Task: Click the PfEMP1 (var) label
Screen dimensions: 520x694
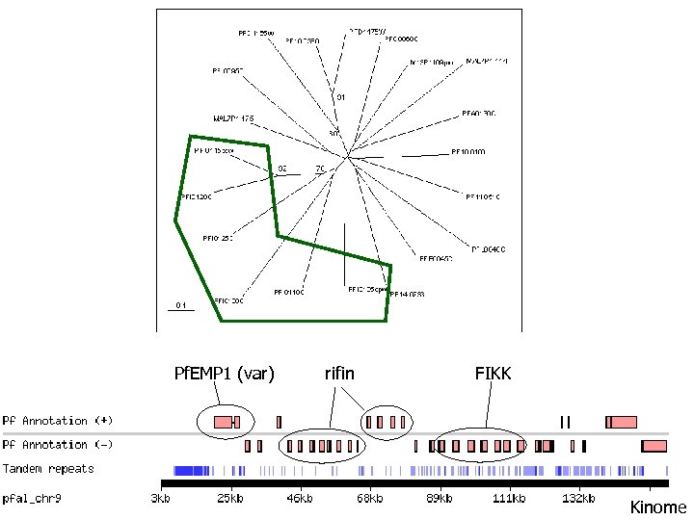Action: pyautogui.click(x=224, y=374)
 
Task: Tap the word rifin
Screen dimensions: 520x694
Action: pyautogui.click(x=339, y=374)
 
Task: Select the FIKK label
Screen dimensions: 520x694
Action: pyautogui.click(x=493, y=374)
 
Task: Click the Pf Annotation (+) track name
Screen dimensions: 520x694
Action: pyautogui.click(x=58, y=421)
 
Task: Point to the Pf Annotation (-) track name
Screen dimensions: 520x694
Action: pyautogui.click(x=58, y=445)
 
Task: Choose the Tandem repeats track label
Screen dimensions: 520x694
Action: pyautogui.click(x=48, y=469)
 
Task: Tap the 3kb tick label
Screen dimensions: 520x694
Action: pyautogui.click(x=161, y=499)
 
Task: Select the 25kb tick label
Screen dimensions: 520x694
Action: pyautogui.click(x=229, y=499)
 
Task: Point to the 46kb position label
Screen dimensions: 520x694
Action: pyautogui.click(x=299, y=499)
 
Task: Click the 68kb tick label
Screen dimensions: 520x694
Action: pyautogui.click(x=369, y=499)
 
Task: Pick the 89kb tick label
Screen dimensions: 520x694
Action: pyautogui.click(x=439, y=499)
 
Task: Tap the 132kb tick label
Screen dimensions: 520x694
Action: pyautogui.click(x=578, y=499)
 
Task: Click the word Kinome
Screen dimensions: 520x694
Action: pyautogui.click(x=657, y=508)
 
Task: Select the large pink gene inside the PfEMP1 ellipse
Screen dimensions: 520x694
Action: pyautogui.click(x=223, y=422)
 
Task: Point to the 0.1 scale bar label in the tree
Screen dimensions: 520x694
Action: pyautogui.click(x=180, y=305)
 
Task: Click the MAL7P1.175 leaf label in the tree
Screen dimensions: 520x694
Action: pyautogui.click(x=233, y=118)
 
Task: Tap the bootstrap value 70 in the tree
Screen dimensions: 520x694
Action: pyautogui.click(x=319, y=169)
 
